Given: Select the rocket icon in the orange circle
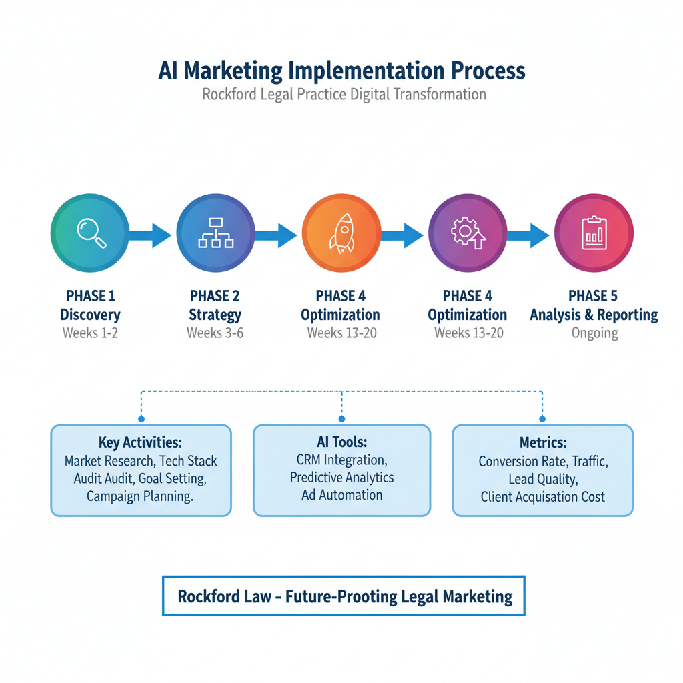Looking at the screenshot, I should point(341,233).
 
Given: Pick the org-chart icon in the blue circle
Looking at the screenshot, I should point(215,233).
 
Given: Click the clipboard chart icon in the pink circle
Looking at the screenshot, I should point(593,233).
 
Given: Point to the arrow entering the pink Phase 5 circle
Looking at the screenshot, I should point(528,235).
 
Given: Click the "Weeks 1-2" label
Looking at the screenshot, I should point(90,333).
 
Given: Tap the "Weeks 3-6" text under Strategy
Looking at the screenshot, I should point(215,333).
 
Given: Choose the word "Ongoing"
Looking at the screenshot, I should point(594,333).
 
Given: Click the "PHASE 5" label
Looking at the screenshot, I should point(593,296).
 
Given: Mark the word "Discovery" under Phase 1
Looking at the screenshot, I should point(90,315).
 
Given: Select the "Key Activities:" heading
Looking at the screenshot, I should point(141,443).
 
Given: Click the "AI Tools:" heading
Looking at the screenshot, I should point(341,442).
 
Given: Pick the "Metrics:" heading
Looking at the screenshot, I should point(542,443).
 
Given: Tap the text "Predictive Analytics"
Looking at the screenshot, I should point(341,478).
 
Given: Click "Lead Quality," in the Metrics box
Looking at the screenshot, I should point(542,479).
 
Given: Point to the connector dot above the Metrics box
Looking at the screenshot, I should point(542,418).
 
